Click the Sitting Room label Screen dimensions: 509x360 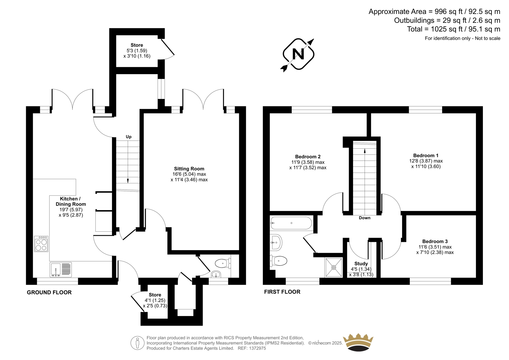[189, 169]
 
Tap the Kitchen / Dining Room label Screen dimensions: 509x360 [71, 201]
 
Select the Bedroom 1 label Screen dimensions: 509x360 [426, 156]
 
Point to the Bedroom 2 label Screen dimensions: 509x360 [308, 157]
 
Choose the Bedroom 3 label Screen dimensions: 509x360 [435, 241]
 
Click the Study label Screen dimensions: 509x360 [361, 264]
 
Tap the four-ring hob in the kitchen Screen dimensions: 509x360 [41, 244]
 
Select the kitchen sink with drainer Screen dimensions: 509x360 [61, 270]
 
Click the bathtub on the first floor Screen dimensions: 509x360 [291, 223]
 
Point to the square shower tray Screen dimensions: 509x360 [334, 267]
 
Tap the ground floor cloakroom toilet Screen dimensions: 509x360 [223, 264]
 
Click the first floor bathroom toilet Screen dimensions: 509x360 [279, 261]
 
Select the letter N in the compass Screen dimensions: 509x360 [298, 54]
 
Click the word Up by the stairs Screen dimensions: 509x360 [129, 137]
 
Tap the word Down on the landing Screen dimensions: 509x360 [365, 218]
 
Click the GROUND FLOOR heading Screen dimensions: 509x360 [49, 293]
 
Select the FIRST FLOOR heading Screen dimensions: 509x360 [282, 292]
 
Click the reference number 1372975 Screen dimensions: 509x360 [257, 348]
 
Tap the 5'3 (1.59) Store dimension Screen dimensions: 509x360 [137, 51]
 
